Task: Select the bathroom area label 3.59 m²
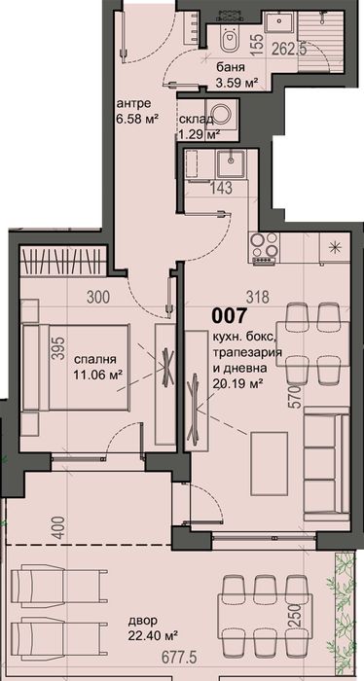(237, 84)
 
